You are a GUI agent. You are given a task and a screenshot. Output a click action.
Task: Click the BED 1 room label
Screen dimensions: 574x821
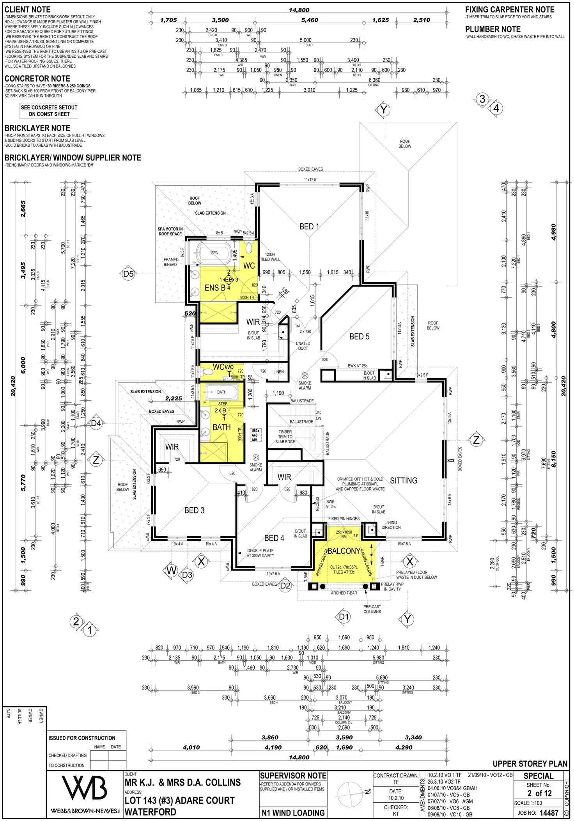309,227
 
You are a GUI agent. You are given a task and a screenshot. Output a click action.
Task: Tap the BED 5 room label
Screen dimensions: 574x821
359,337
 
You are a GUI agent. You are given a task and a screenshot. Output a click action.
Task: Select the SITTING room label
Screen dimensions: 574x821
404,481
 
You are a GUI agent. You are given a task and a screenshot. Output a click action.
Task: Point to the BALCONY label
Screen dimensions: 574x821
344,551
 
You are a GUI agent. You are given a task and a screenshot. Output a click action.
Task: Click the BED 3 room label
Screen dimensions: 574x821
194,510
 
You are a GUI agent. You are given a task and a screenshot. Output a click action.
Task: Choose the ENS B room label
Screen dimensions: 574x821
215,288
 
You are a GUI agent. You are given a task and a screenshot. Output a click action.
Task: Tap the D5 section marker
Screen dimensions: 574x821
128,274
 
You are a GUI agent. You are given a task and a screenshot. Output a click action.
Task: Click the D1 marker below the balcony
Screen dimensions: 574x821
344,617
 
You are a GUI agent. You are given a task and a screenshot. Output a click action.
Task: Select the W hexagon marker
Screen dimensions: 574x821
172,570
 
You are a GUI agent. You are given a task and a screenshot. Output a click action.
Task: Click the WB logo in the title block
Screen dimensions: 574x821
85,789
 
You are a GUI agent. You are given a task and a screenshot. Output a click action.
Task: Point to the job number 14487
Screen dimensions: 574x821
549,813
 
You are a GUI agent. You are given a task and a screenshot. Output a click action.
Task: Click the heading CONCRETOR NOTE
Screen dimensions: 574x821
37,79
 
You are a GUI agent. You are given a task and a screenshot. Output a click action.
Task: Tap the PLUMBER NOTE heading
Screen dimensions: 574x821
493,29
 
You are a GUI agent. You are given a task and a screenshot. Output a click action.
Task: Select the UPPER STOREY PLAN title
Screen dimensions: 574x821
530,764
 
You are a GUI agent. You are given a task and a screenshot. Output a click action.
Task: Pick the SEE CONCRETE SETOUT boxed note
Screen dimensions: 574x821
49,111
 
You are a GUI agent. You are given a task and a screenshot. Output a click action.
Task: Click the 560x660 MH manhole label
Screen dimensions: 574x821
255,435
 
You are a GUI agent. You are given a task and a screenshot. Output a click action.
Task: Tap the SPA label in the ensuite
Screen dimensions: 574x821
214,253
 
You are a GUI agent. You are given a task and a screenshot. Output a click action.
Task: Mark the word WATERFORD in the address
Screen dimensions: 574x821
150,812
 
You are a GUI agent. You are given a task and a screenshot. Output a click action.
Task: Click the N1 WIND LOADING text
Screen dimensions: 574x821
293,813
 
